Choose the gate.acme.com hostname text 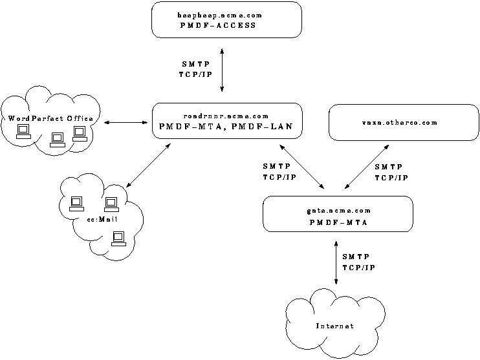tap(338, 211)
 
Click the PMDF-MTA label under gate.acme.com tap(338, 222)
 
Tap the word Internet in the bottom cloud tap(334, 326)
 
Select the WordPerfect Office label tap(50, 118)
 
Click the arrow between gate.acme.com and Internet tap(336, 262)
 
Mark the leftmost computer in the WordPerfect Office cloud tap(23, 132)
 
